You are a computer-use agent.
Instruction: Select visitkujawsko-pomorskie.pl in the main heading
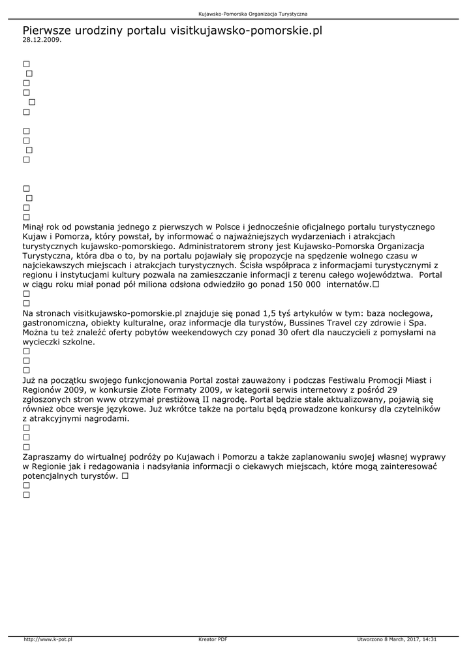[246, 30]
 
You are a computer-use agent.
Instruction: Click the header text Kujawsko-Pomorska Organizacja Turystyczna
[253, 13]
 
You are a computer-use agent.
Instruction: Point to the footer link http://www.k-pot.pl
[48, 639]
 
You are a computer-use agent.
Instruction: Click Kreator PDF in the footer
[213, 639]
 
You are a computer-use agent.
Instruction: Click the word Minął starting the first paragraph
[35, 227]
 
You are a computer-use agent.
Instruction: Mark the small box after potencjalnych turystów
[124, 477]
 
